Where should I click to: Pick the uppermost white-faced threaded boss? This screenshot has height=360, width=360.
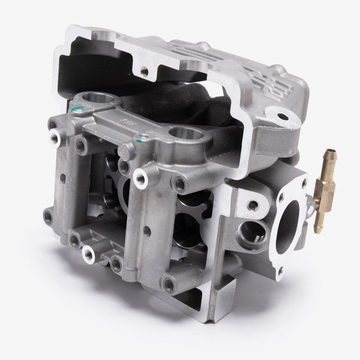(56, 135)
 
